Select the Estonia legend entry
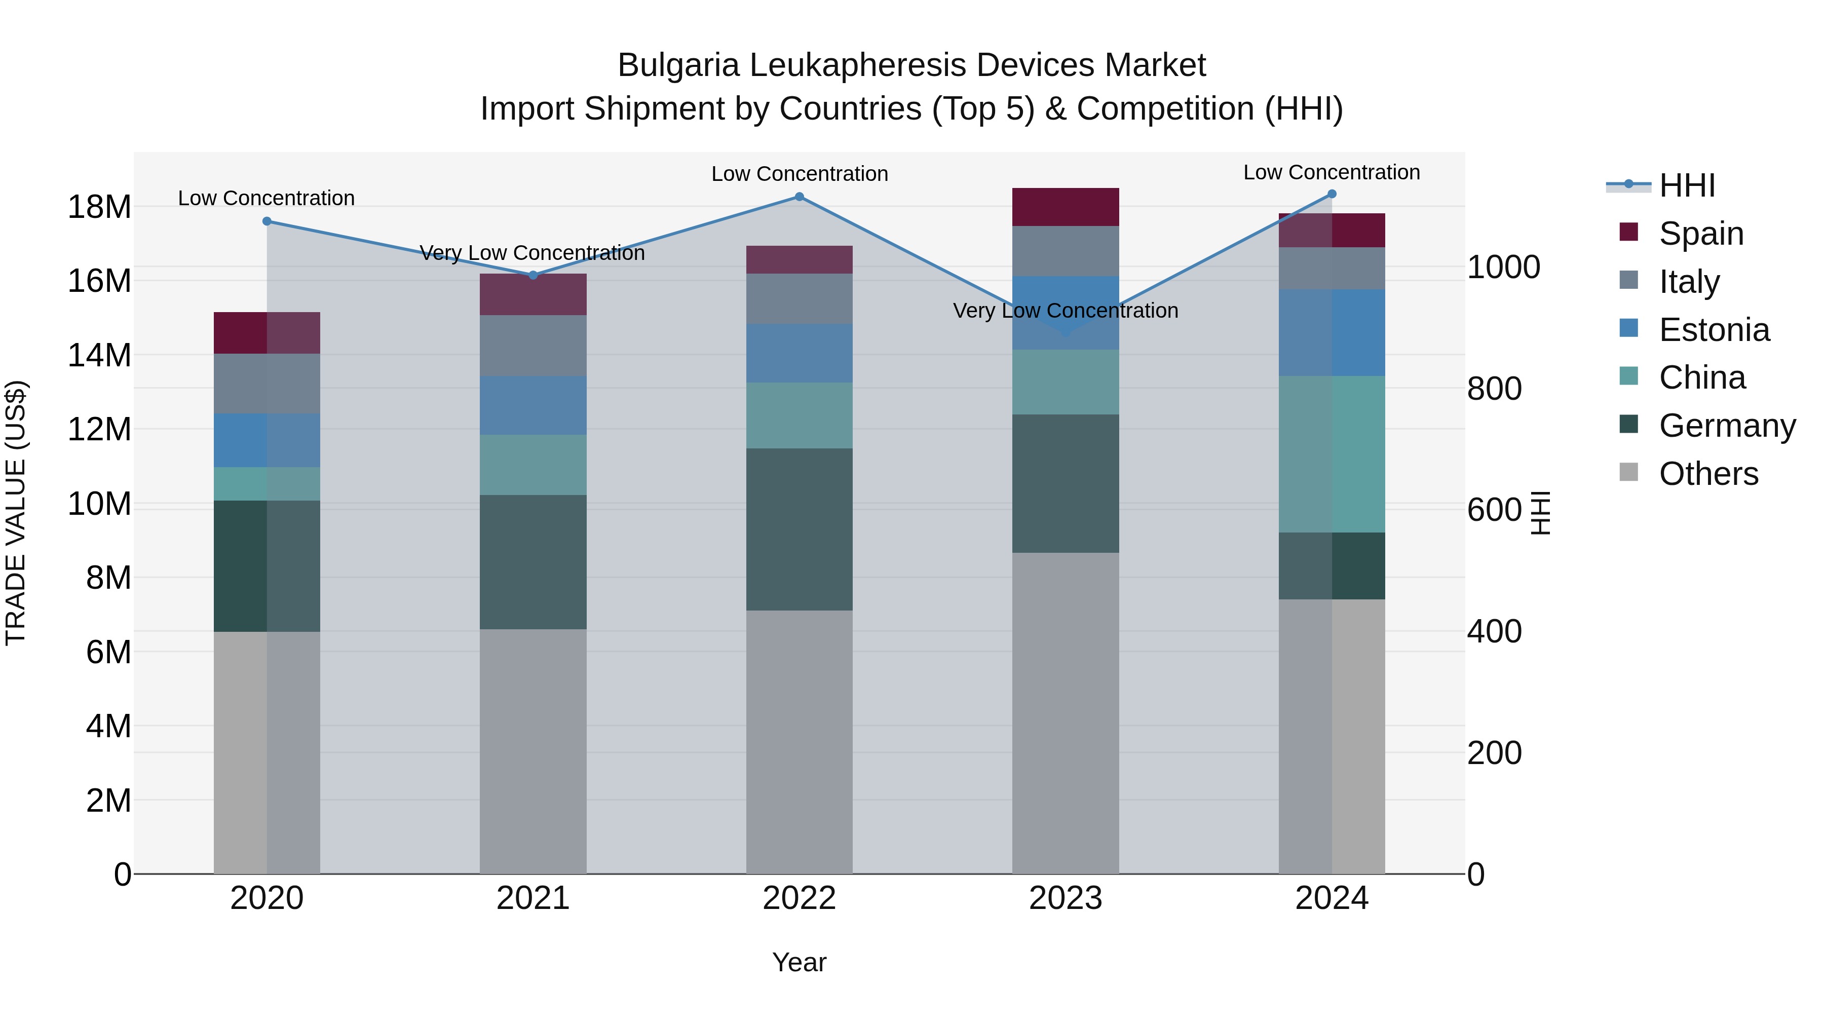click(x=1714, y=330)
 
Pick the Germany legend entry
click(x=1726, y=426)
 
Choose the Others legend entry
click(x=1708, y=474)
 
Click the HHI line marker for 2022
click(x=800, y=197)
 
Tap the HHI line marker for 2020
click(x=267, y=221)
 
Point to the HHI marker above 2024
click(x=1332, y=194)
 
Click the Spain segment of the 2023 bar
click(x=1066, y=207)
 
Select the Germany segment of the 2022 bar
click(x=800, y=529)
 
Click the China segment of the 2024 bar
click(x=1332, y=454)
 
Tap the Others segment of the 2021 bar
click(x=533, y=750)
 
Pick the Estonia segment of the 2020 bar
click(x=267, y=440)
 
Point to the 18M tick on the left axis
click(x=99, y=207)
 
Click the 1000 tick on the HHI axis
click(x=1503, y=268)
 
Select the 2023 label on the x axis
click(x=1066, y=898)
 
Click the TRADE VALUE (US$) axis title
click(x=16, y=513)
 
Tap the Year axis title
click(x=800, y=962)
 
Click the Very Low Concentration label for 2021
click(x=533, y=253)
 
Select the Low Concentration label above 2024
click(x=1332, y=172)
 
